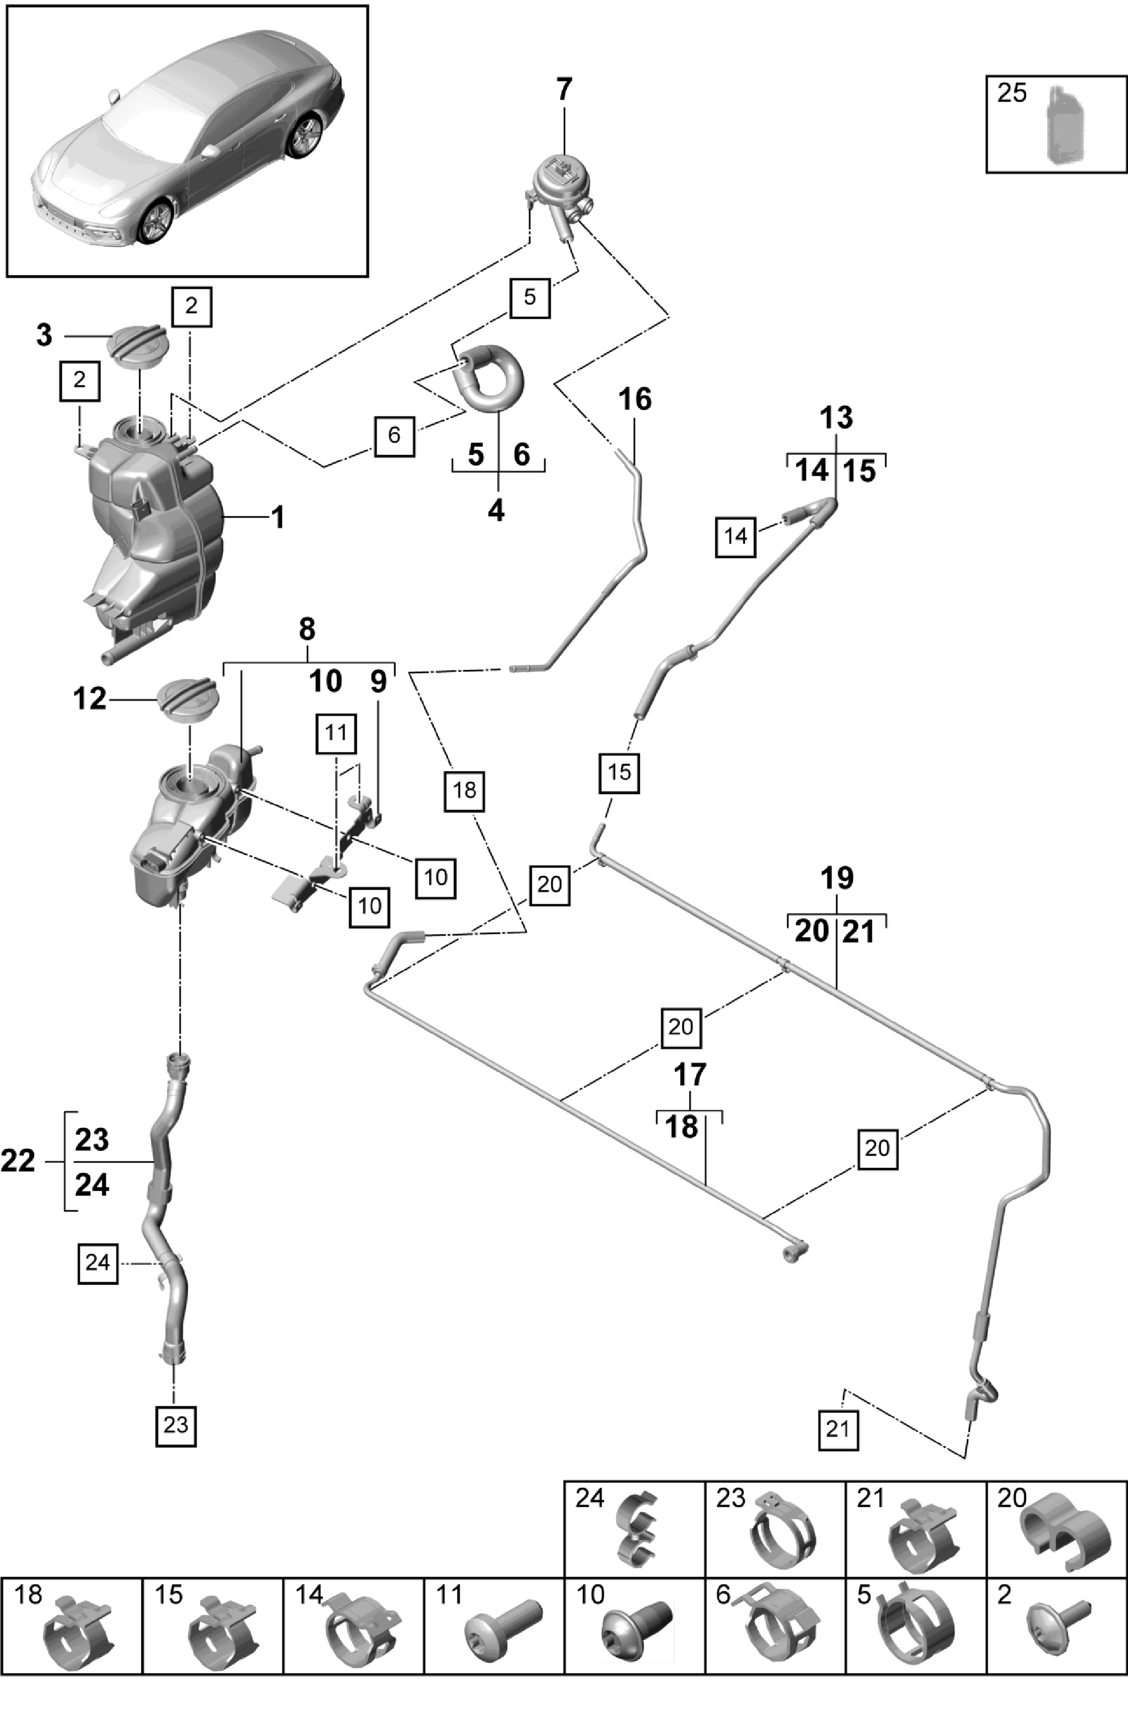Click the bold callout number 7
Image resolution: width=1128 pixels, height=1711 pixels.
click(x=564, y=89)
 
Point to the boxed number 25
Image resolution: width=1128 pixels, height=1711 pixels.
click(x=1012, y=93)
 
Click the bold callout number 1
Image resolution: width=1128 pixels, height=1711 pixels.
click(x=278, y=517)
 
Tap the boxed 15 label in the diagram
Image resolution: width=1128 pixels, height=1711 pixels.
click(x=619, y=772)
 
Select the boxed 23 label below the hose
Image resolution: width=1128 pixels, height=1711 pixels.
click(x=175, y=1425)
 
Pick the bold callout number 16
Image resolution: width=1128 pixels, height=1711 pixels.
click(x=635, y=399)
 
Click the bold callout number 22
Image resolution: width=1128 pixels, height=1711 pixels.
click(x=18, y=1161)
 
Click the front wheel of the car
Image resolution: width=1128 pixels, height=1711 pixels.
click(x=155, y=222)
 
